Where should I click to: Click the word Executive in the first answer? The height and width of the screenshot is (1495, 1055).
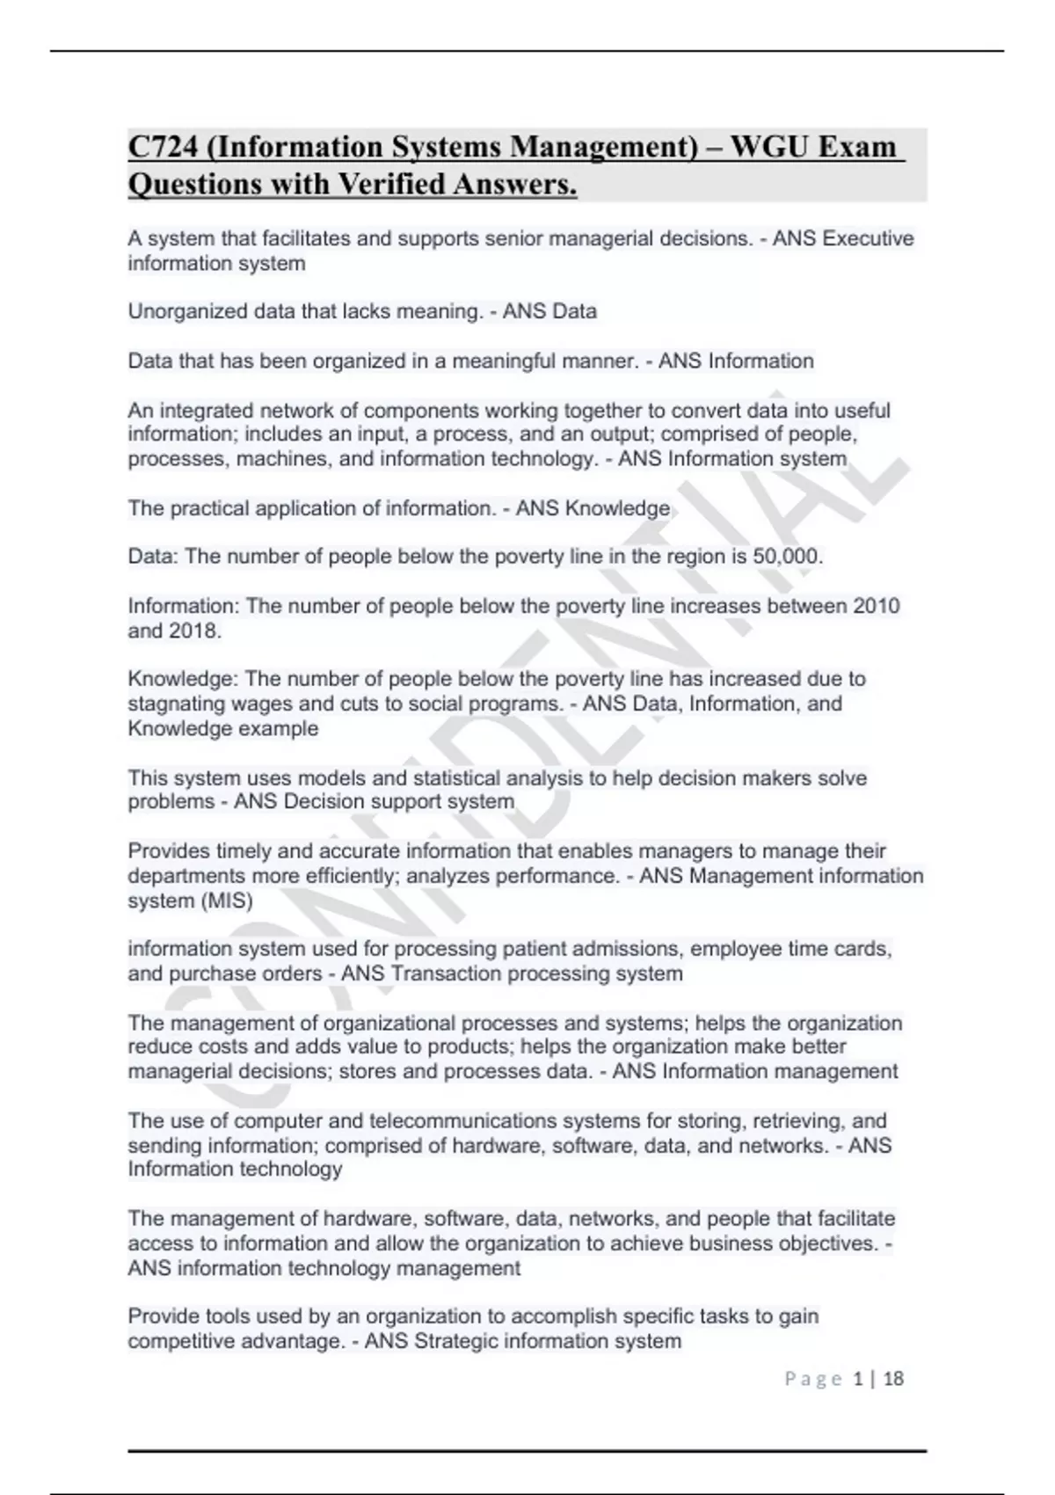868,239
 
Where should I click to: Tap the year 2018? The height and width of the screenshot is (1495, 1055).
193,631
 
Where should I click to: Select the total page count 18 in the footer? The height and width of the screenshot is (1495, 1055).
893,1379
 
